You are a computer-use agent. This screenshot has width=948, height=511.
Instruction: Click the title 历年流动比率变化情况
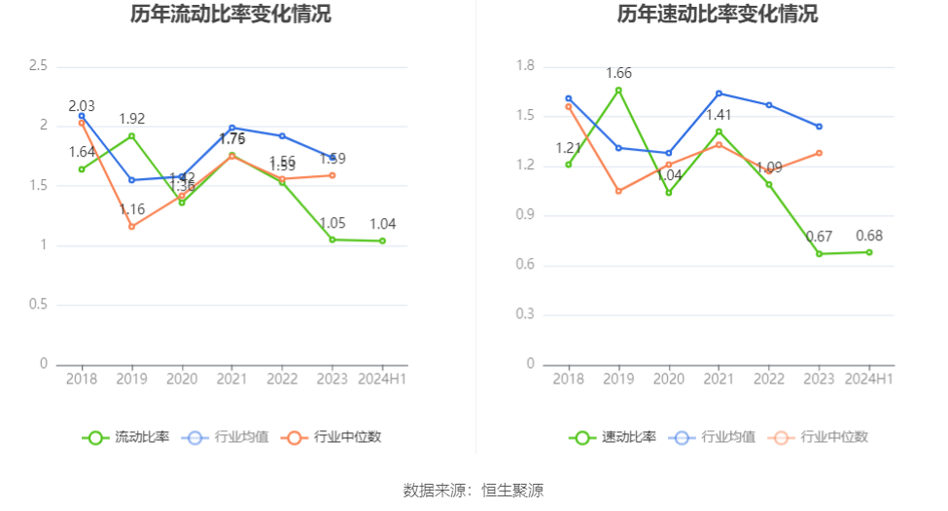[230, 15]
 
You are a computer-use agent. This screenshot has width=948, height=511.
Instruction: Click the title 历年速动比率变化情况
[717, 15]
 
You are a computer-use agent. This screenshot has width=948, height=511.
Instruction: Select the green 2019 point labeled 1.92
[131, 136]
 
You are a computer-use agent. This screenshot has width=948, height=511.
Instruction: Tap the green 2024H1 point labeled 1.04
[382, 241]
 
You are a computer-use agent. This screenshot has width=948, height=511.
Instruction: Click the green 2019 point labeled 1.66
[618, 91]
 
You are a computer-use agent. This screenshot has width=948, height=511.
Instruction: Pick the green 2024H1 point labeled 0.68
[869, 252]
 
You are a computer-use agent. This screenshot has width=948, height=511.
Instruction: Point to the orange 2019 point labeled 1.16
[131, 227]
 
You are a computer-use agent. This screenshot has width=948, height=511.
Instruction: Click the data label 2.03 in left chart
[82, 105]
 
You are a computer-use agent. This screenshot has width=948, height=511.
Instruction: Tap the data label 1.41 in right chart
[719, 115]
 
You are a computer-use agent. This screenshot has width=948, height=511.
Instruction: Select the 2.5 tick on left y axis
[38, 66]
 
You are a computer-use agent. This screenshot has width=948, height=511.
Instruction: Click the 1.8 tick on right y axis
[526, 66]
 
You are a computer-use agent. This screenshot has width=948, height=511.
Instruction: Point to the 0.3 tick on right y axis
[526, 314]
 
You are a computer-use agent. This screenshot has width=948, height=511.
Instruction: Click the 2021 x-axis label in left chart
[231, 379]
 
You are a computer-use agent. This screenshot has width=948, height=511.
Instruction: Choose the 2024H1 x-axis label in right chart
[868, 379]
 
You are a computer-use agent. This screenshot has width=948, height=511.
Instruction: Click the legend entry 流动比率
[126, 437]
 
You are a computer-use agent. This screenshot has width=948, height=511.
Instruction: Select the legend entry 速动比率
[613, 437]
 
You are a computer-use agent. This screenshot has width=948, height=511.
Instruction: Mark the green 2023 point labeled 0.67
[820, 254]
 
